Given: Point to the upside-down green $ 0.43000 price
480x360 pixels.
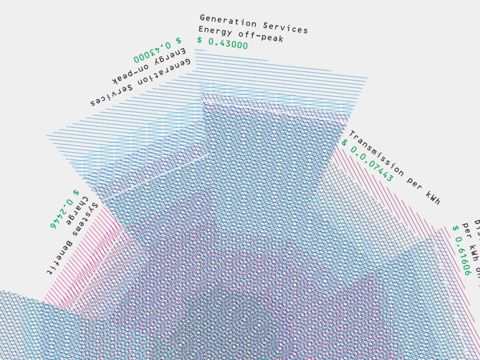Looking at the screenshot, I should point(158,50).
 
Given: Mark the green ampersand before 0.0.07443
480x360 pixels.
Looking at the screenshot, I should point(344,143).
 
